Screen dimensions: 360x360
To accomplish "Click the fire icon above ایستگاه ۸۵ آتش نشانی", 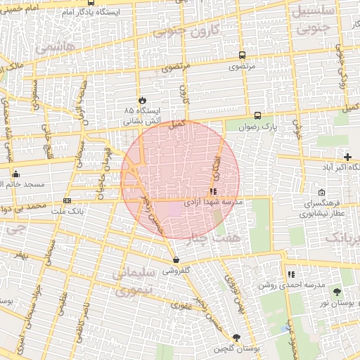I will coord(143,101).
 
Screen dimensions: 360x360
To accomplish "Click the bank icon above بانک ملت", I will coord(67,200).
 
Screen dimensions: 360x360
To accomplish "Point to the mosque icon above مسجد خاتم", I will coord(15,173).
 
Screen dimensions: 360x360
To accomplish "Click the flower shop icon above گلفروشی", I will coord(175,259).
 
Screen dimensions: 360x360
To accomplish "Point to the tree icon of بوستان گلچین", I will coord(236,337).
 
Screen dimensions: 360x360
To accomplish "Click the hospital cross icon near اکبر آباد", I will coord(347,156).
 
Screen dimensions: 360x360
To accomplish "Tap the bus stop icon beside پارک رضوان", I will coord(257,116).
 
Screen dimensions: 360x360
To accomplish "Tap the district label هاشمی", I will coord(50,49).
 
